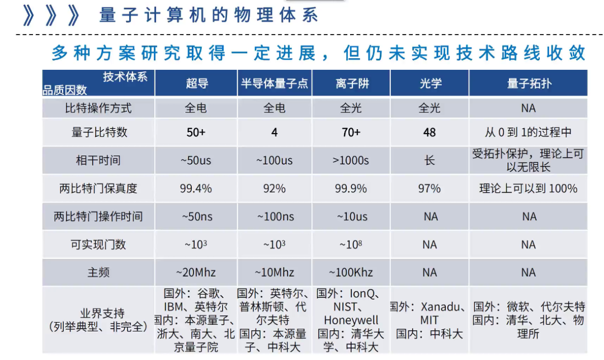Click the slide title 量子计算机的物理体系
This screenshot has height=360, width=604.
point(208,15)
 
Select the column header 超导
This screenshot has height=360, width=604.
point(196,83)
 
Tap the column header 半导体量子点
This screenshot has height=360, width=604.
point(275,83)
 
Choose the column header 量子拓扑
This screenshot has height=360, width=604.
point(528,83)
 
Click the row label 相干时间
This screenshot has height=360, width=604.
point(98,160)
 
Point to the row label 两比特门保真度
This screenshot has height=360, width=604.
point(98,188)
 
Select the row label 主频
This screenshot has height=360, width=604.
point(98,272)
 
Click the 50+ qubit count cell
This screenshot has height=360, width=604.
point(196,132)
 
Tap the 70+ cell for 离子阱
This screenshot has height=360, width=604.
point(351,132)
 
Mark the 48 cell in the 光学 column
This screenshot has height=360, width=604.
point(430,132)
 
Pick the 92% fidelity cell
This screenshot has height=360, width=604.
point(275,188)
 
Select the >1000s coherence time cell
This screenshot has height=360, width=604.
point(351,160)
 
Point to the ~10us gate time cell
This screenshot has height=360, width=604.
point(352,216)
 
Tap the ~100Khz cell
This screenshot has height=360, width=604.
point(351,272)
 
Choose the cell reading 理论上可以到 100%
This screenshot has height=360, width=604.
point(528,188)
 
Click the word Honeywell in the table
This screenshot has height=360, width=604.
point(351,320)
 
